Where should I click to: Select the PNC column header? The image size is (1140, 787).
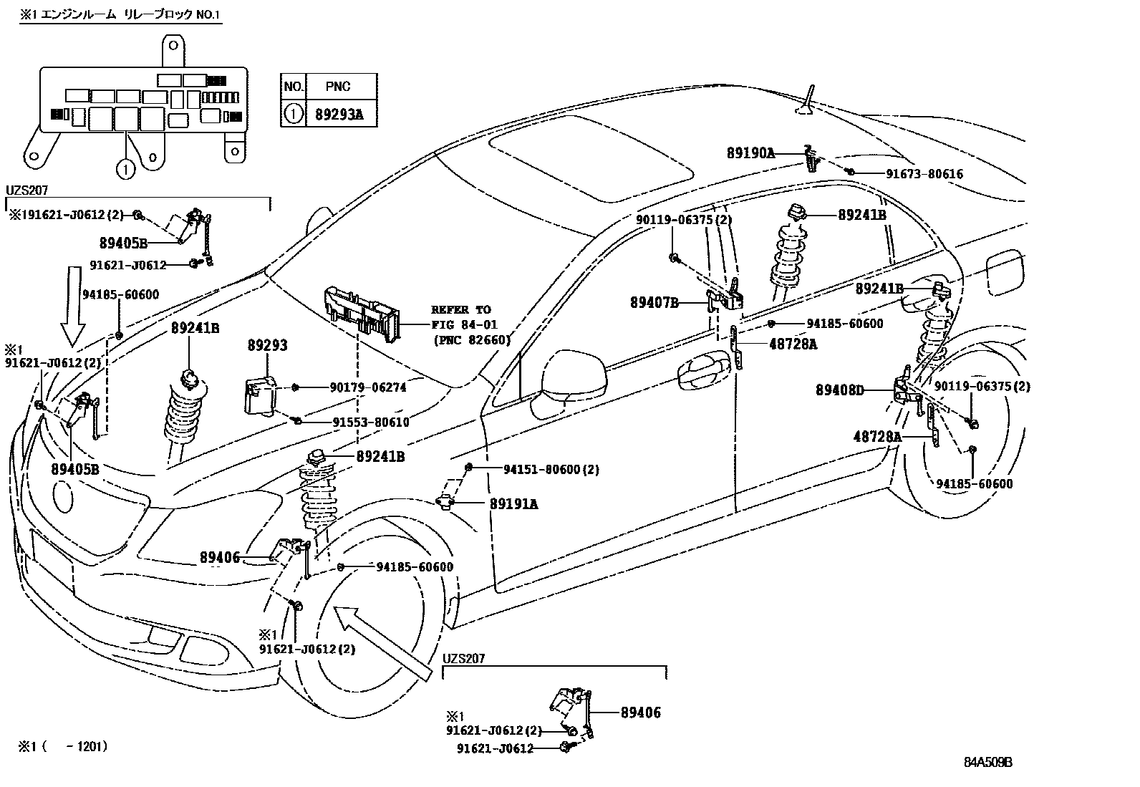pos(338,87)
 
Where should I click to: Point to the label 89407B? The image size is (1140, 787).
pos(654,302)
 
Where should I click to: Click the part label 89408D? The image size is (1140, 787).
pos(840,390)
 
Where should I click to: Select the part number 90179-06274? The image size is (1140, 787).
pos(368,387)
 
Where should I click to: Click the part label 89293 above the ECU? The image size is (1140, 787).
pos(266,346)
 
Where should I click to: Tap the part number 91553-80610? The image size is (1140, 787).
pos(370,422)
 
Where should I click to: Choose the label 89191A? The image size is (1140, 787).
pos(514,503)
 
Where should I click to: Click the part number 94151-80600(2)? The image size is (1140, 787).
pos(551,469)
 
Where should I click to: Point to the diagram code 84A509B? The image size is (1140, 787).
pos(987,762)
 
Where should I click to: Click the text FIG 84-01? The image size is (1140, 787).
pos(463,324)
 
